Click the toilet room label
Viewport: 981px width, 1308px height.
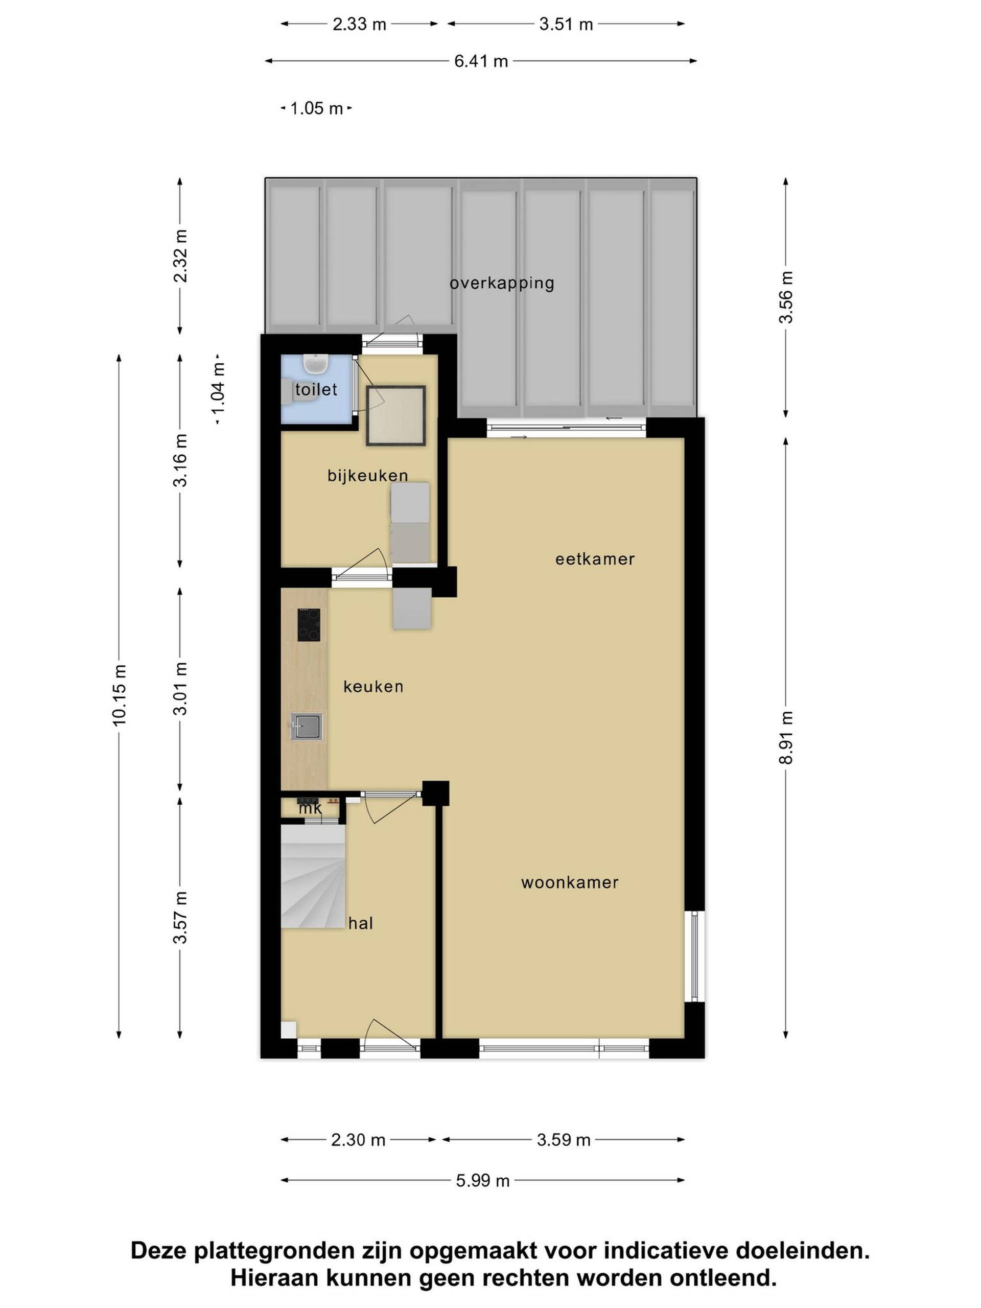pos(316,390)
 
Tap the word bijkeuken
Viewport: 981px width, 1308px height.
pos(368,475)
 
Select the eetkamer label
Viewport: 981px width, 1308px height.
pos(595,559)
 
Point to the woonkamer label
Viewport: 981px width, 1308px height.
pos(570,883)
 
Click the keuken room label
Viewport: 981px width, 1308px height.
pos(373,687)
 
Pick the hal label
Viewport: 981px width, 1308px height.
pos(361,924)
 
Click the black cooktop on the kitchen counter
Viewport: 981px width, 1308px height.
pos(309,625)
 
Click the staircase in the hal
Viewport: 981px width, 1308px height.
pos(313,877)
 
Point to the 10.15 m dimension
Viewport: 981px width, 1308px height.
pos(120,695)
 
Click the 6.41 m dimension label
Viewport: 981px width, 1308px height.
pos(481,61)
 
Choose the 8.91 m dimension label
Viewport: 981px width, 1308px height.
pos(785,737)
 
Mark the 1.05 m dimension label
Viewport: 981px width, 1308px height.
pos(316,108)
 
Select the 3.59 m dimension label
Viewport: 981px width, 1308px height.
pos(564,1139)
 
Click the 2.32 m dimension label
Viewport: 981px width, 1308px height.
pos(180,256)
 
